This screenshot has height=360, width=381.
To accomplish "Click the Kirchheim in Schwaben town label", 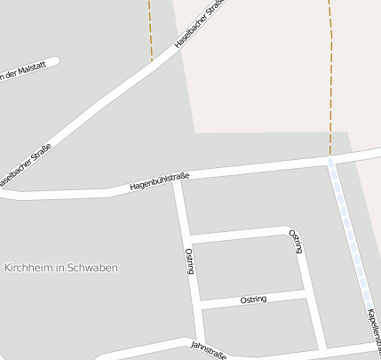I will click(73, 268).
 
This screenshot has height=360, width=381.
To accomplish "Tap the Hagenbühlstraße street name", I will click(159, 182).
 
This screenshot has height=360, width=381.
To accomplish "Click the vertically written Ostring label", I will click(190, 261).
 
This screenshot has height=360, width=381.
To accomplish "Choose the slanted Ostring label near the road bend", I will click(298, 241).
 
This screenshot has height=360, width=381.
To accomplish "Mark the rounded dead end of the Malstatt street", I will click(55, 61).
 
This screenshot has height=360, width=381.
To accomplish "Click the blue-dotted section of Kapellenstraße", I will click(353, 240).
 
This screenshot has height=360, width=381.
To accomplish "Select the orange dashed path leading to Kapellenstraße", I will click(330, 89).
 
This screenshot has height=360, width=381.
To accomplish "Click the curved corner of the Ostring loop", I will click(291, 230).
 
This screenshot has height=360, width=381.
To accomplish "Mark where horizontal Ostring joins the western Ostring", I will click(199, 305).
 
